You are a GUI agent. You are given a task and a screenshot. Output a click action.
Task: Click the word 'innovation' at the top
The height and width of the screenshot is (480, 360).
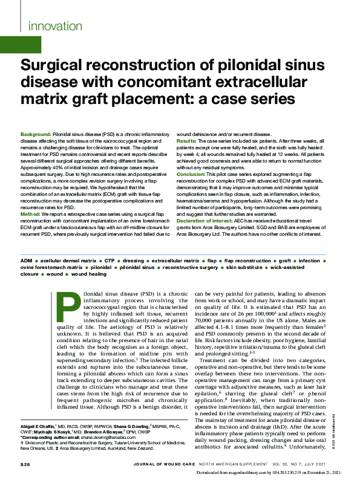[52, 25]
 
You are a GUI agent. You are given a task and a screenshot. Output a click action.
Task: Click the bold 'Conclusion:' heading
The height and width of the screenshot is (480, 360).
[191, 174]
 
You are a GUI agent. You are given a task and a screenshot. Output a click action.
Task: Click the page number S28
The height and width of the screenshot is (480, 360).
[25, 464]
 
